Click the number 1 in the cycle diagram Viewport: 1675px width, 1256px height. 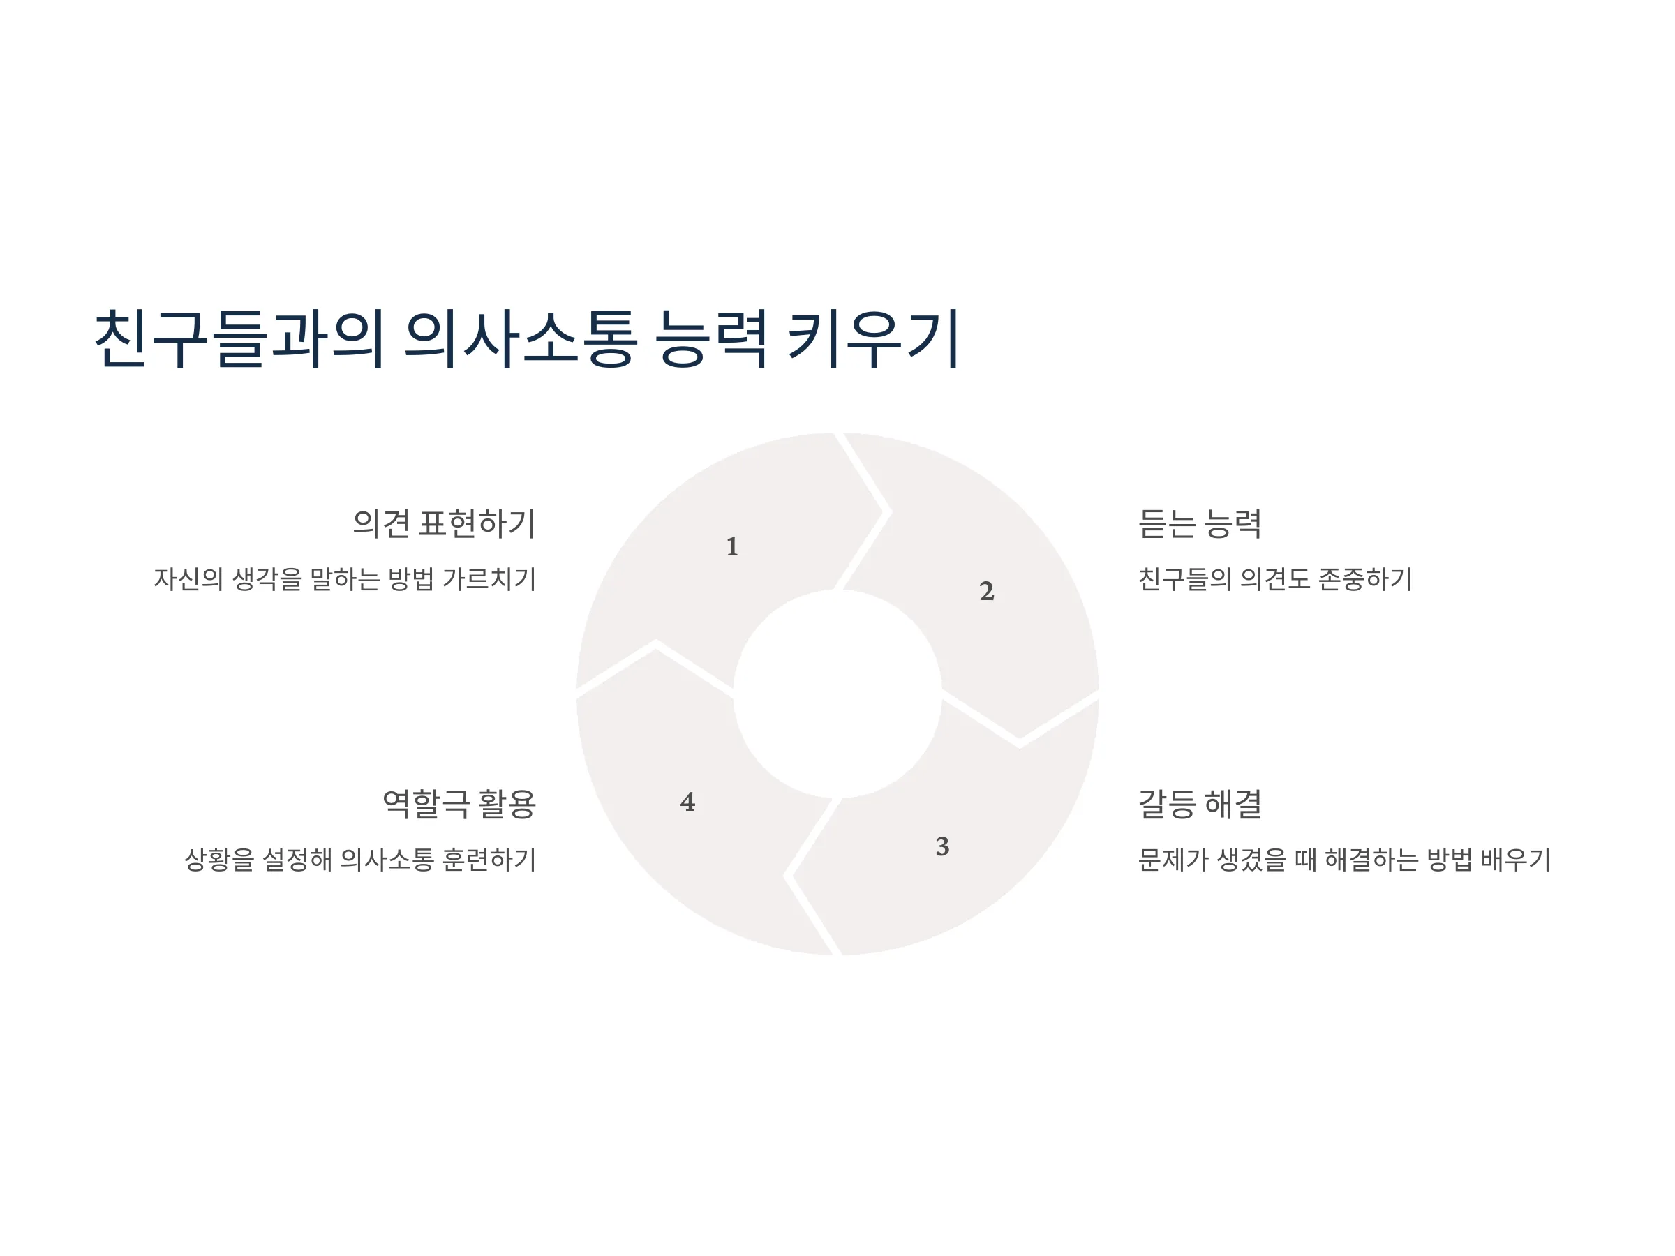pos(731,546)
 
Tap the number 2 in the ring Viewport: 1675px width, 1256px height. pos(986,590)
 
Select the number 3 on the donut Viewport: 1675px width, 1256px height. pos(942,846)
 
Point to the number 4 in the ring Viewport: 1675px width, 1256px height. pos(687,802)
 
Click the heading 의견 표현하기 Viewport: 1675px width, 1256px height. pos(445,523)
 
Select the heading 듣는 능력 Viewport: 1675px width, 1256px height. pos(1200,523)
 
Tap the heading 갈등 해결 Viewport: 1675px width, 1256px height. pos(1200,803)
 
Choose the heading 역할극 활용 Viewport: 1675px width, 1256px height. pos(459,803)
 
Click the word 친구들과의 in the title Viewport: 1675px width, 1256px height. pos(239,338)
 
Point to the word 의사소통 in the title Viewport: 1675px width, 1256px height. pos(520,338)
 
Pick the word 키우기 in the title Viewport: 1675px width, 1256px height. pos(873,338)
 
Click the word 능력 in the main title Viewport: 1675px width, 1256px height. pos(711,338)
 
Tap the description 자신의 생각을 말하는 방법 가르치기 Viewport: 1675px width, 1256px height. pos(345,579)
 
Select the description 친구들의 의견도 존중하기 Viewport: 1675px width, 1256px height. pos(1274,579)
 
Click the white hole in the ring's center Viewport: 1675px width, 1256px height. pos(837,694)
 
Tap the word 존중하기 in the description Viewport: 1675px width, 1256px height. pos(1364,579)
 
